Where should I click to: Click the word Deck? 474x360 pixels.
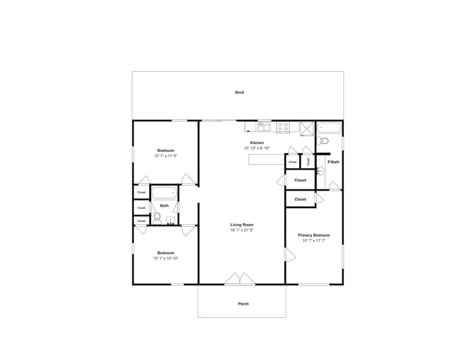pos(239,92)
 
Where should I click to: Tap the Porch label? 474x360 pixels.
pos(243,304)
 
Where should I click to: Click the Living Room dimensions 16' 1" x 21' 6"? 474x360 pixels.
pos(242,230)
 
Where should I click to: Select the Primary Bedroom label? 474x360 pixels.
pos(314,235)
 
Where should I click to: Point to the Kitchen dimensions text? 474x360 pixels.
pos(257,148)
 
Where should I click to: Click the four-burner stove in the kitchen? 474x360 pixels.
pos(283,127)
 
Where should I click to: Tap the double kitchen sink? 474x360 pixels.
pos(264,127)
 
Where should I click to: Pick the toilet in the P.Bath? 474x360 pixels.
pos(322,140)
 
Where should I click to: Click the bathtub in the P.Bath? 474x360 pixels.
pos(329,128)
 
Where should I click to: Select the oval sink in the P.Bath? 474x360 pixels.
pos(320,171)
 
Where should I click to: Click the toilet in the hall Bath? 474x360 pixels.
pos(157,218)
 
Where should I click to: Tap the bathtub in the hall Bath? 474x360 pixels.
pos(164,193)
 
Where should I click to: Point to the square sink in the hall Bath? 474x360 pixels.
pos(171,221)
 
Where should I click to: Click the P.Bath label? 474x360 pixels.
pos(333,162)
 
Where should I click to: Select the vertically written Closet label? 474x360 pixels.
pos(308,162)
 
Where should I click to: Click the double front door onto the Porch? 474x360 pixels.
pos(240,279)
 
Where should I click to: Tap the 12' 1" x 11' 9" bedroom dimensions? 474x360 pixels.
pos(165,156)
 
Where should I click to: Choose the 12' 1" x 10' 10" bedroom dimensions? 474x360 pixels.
pos(165,258)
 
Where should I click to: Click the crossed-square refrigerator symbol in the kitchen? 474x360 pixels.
pos(307,129)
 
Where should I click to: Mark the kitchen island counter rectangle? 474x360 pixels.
pos(266,159)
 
